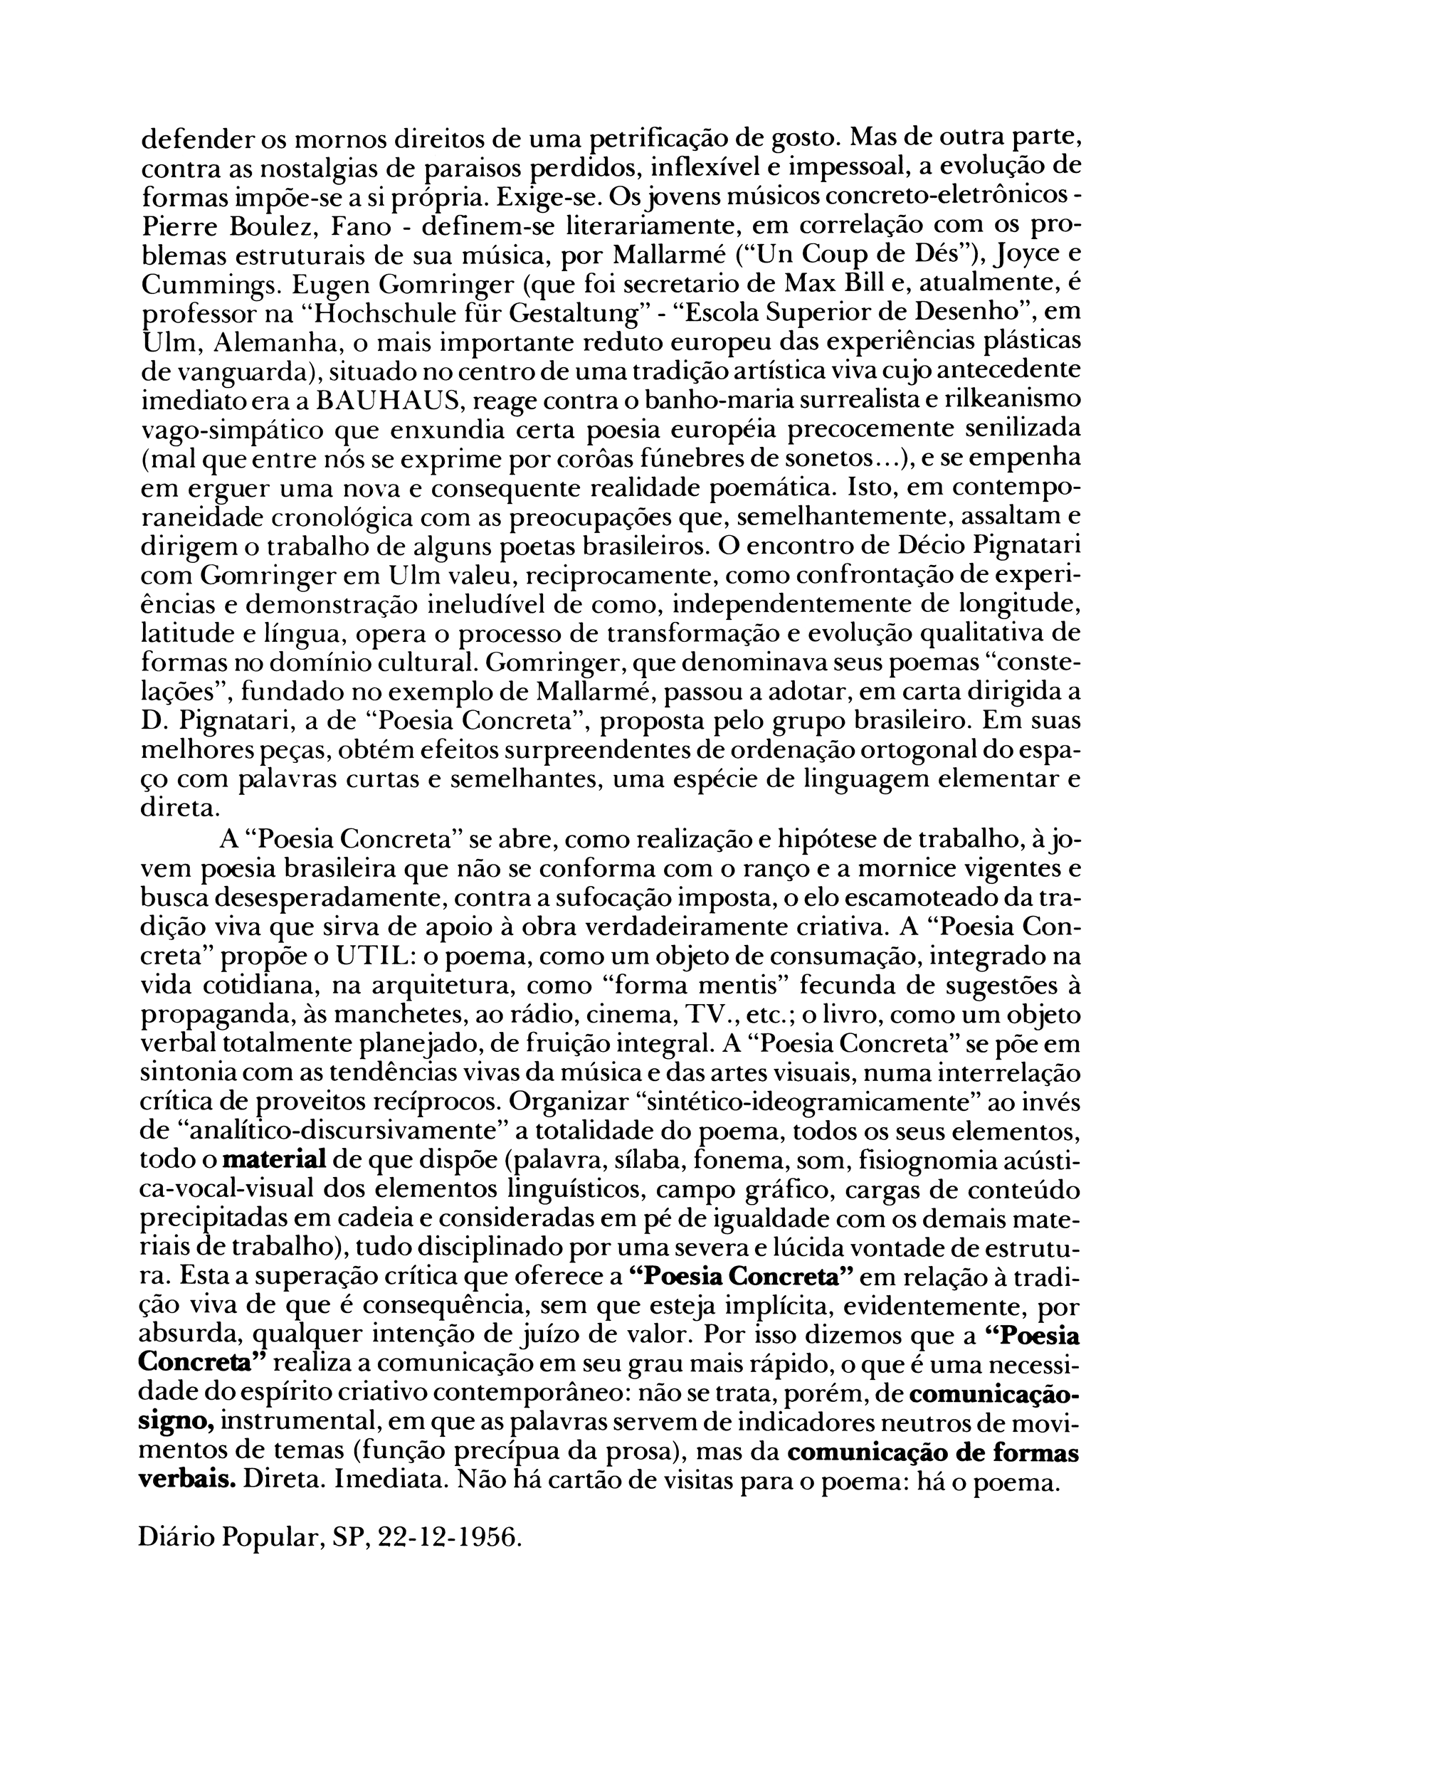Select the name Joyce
[1023, 255]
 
